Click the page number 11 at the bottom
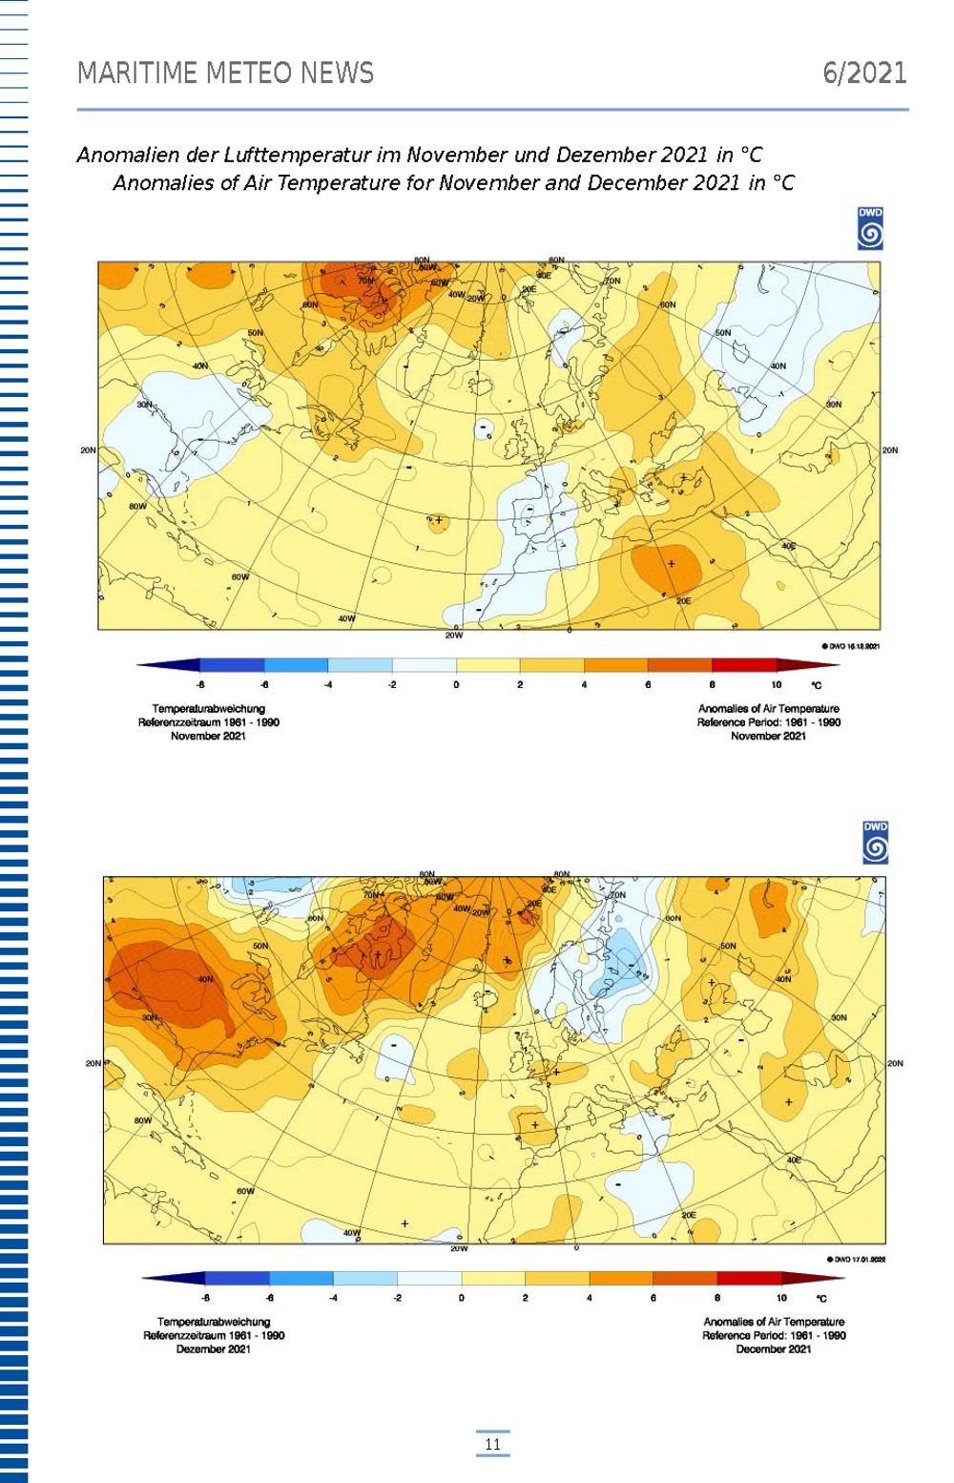point(492,1444)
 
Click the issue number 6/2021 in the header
point(864,73)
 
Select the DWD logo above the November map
point(870,229)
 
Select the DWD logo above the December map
point(875,843)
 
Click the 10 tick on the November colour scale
point(776,685)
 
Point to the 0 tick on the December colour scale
point(461,1298)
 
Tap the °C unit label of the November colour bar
point(816,685)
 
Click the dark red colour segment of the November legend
point(743,665)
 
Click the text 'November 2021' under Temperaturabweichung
point(208,736)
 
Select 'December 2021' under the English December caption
point(774,1348)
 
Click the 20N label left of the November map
point(88,450)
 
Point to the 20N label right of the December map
point(895,1063)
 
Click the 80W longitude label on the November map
point(137,506)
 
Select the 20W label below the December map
point(459,1248)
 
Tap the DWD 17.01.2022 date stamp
point(858,1260)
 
